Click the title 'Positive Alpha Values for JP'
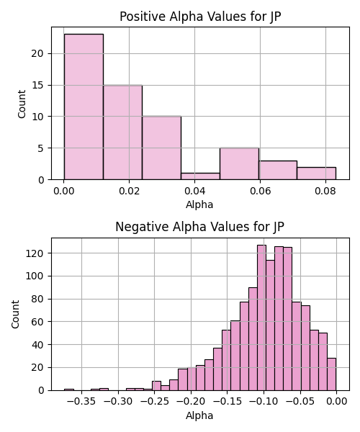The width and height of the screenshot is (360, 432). pyautogui.click(x=200, y=17)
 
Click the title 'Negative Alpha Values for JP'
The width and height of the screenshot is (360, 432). pyautogui.click(x=199, y=227)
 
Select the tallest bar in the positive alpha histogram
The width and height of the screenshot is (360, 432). pyautogui.click(x=84, y=107)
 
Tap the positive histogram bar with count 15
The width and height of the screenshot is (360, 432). pyautogui.click(x=123, y=132)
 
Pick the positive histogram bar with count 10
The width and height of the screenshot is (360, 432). pyautogui.click(x=162, y=148)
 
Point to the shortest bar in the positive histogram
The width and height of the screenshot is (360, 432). pyautogui.click(x=201, y=176)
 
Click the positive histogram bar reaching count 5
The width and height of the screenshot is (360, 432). pyautogui.click(x=239, y=164)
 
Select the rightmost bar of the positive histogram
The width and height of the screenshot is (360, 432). pyautogui.click(x=317, y=174)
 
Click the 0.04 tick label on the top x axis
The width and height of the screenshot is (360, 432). pyautogui.click(x=194, y=191)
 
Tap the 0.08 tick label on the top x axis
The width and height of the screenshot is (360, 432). pyautogui.click(x=325, y=191)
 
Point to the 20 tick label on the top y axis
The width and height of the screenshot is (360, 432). pyautogui.click(x=37, y=53)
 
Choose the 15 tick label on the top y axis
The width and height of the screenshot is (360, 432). pyautogui.click(x=37, y=86)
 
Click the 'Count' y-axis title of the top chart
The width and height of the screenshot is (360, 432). pyautogui.click(x=22, y=104)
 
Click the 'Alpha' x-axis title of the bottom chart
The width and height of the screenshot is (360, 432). pyautogui.click(x=199, y=415)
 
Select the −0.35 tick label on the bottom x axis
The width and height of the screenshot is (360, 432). pyautogui.click(x=81, y=401)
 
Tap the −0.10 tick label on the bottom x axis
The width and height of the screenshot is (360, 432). pyautogui.click(x=264, y=401)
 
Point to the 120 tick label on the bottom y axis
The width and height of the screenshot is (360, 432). pyautogui.click(x=35, y=253)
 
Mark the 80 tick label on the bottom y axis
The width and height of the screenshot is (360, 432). pyautogui.click(x=37, y=299)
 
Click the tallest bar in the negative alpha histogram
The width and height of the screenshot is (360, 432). pyautogui.click(x=261, y=318)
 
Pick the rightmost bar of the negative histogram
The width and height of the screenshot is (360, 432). pyautogui.click(x=332, y=374)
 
